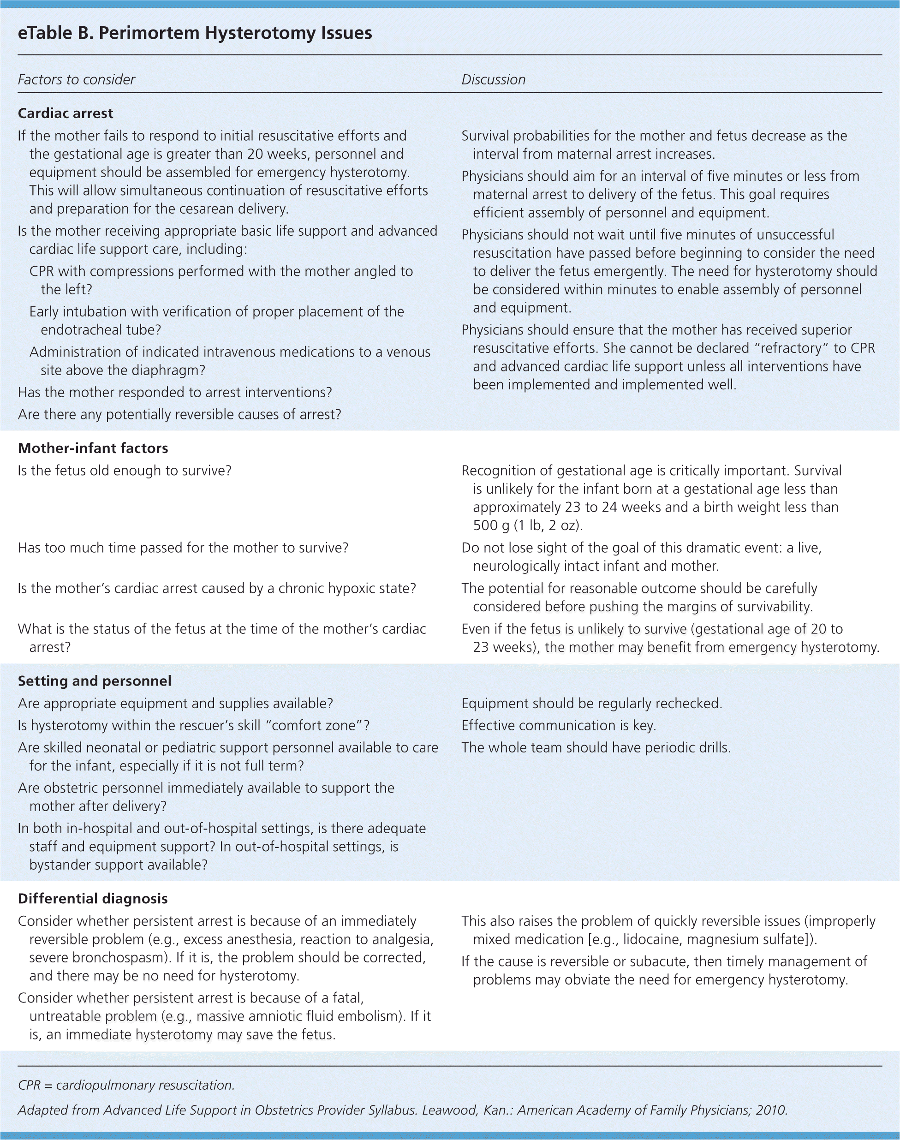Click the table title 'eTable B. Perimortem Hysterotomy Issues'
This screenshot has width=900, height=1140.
point(195,33)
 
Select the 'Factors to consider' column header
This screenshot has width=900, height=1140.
point(77,80)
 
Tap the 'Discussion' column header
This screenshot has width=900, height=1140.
point(493,80)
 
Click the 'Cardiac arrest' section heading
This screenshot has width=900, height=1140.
point(66,113)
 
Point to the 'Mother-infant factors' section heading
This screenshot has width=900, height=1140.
point(93,448)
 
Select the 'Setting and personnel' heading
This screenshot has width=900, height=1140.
point(94,681)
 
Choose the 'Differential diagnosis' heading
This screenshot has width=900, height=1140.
point(93,899)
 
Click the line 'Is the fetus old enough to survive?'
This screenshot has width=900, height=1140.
point(125,471)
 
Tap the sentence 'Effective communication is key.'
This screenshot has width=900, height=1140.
point(559,726)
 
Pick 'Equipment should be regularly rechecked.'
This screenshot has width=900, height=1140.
point(592,704)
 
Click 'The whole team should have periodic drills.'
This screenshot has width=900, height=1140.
point(596,748)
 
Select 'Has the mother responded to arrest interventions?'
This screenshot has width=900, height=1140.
point(175,393)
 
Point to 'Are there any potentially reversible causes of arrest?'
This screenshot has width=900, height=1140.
point(179,415)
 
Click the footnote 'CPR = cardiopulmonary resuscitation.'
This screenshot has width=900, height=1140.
point(126,1085)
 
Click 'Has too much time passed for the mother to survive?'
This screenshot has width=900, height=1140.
point(183,548)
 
